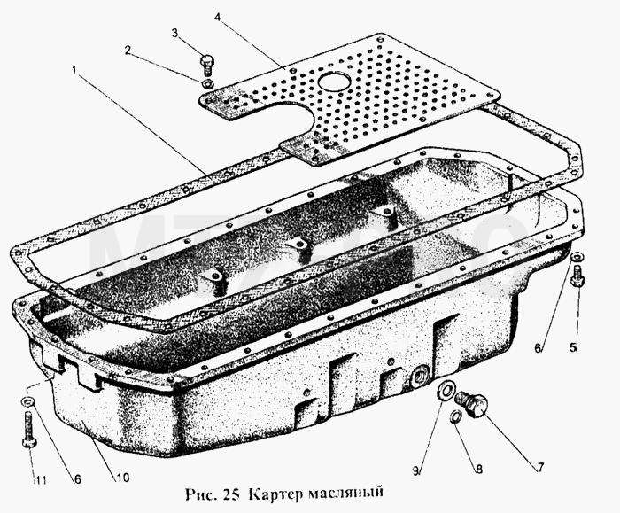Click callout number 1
74,70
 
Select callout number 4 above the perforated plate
217,17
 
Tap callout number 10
122,478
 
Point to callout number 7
540,468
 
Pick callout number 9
416,470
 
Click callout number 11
41,480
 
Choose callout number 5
573,347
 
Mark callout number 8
478,469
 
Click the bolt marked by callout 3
206,65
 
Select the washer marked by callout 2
207,84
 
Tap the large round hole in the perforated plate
334,82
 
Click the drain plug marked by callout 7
472,403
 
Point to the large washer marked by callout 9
446,391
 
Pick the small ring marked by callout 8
455,416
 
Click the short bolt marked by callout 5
577,276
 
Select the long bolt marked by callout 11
29,430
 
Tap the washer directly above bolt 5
577,256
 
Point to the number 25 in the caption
232,494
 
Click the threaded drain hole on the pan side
421,376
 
